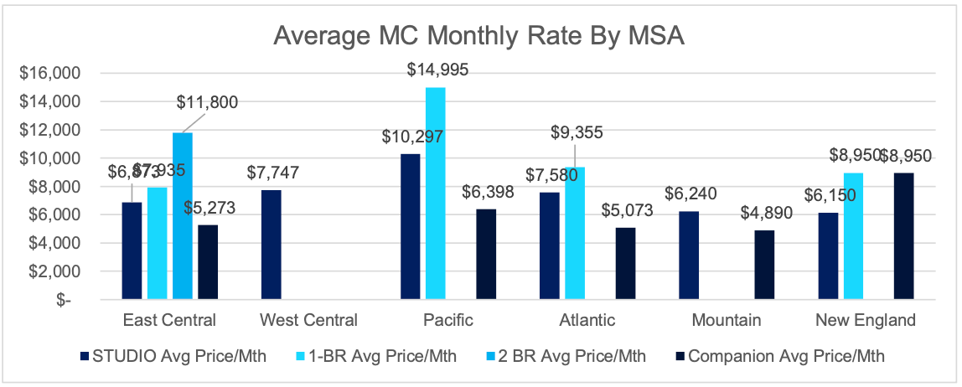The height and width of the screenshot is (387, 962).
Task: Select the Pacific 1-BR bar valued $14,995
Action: point(435,193)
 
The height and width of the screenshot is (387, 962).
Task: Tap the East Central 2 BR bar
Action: point(183,215)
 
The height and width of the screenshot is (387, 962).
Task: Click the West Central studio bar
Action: point(272,244)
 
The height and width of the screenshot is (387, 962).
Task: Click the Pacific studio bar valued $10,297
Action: point(410,225)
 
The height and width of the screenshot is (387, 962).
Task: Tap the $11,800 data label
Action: point(207,103)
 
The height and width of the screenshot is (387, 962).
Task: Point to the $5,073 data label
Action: point(626,212)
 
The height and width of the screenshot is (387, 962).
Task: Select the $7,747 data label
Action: point(272,174)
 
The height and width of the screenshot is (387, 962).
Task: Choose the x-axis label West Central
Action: point(308,320)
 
